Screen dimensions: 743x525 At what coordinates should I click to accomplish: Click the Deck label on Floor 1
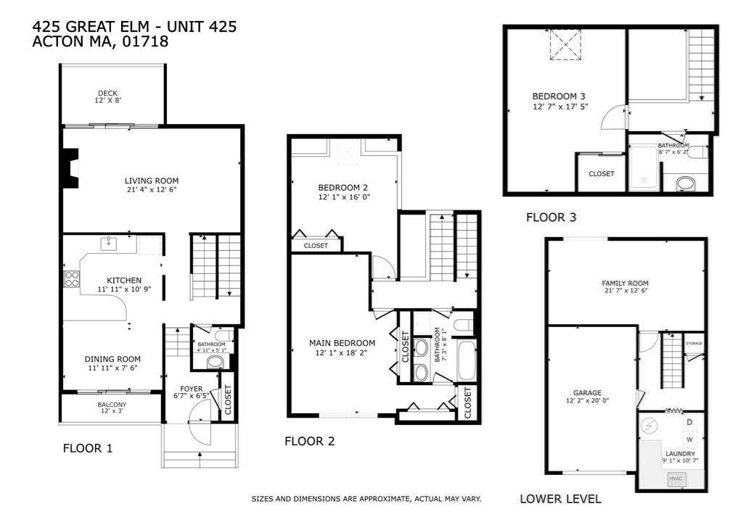click(107, 94)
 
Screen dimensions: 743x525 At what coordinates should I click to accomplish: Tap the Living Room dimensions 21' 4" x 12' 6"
click(152, 190)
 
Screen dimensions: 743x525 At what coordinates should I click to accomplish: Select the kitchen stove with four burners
click(72, 279)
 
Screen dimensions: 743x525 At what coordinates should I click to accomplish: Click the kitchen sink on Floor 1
click(109, 244)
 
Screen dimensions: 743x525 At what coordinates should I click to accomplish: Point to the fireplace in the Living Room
click(70, 169)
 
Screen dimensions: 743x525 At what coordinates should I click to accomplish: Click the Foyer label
click(191, 389)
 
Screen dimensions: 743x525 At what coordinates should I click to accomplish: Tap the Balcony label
click(112, 405)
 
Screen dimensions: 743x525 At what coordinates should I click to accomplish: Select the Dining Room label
click(112, 360)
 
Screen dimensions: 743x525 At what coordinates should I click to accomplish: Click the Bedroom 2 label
click(343, 188)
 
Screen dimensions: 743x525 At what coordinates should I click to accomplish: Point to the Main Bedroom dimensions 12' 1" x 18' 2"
click(341, 352)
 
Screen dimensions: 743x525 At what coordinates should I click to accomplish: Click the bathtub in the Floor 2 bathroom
click(467, 360)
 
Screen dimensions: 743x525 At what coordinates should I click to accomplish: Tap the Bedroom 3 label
click(559, 96)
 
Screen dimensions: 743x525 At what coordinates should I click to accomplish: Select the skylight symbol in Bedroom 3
click(565, 44)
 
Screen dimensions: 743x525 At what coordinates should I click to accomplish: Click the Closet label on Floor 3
click(602, 174)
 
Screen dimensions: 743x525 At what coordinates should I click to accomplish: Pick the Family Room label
click(625, 283)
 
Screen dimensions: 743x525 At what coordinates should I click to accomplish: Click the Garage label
click(587, 392)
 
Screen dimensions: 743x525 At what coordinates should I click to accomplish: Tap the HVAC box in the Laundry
click(676, 479)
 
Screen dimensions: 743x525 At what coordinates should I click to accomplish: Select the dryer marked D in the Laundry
click(689, 422)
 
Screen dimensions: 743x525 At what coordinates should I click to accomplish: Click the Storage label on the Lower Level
click(694, 343)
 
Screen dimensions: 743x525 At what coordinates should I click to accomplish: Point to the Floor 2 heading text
click(309, 441)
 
